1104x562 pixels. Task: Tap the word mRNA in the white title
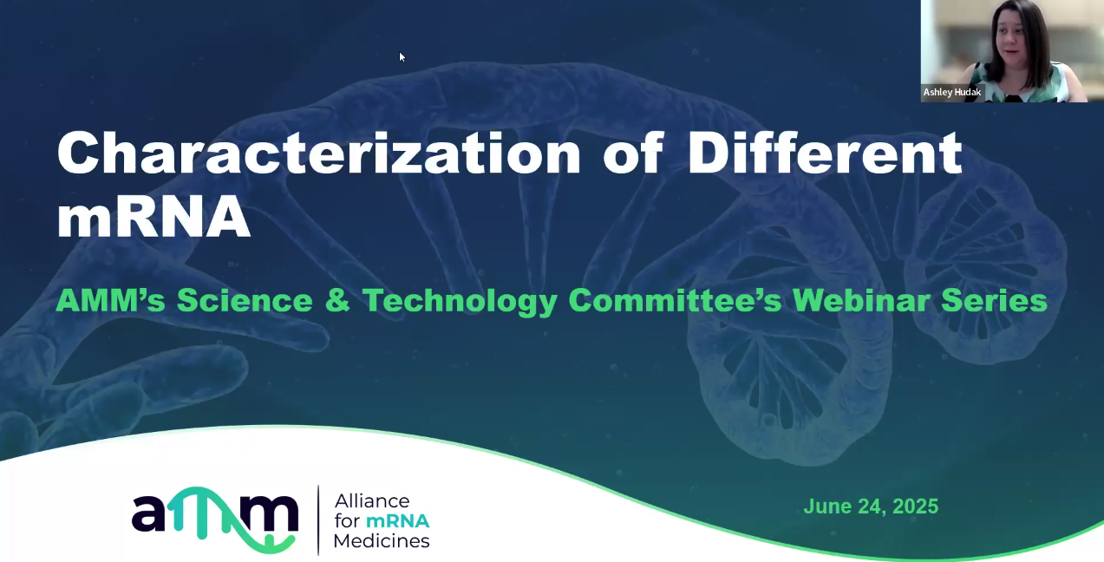pyautogui.click(x=154, y=219)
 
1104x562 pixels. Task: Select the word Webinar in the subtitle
pyautogui.click(x=859, y=301)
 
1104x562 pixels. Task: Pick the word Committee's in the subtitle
pyautogui.click(x=676, y=301)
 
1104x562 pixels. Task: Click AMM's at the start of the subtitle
pyautogui.click(x=108, y=301)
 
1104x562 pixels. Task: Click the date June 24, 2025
pyautogui.click(x=871, y=506)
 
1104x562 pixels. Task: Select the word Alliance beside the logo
pyautogui.click(x=371, y=501)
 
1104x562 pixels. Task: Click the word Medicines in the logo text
pyautogui.click(x=382, y=541)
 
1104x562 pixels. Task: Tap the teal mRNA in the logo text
pyautogui.click(x=397, y=521)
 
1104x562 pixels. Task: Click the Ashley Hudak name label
pyautogui.click(x=952, y=92)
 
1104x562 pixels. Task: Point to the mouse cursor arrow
pyautogui.click(x=402, y=56)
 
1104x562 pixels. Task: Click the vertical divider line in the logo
pyautogui.click(x=318, y=520)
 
